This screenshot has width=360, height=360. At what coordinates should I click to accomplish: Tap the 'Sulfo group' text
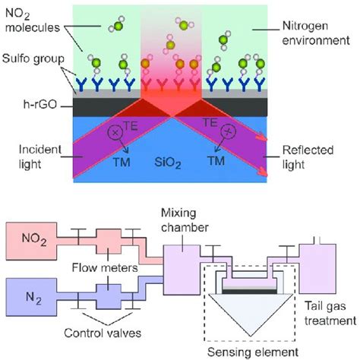click(x=32, y=58)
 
